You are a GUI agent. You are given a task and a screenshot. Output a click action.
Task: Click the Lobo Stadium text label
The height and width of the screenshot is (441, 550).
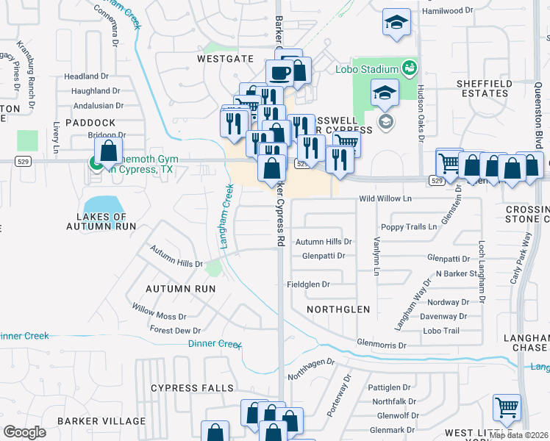368,69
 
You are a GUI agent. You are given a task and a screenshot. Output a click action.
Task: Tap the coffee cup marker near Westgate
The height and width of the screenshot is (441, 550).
279,73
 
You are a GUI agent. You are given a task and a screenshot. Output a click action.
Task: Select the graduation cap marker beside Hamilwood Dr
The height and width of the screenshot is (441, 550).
396,23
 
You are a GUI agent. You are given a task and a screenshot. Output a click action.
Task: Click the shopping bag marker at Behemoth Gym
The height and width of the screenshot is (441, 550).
108,152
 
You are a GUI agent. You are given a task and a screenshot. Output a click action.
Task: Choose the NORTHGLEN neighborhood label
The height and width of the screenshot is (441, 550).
338,309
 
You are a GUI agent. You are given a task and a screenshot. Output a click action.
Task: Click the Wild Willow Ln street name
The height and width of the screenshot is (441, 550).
385,199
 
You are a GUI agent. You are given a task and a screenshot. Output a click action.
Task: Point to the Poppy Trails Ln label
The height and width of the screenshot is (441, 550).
408,227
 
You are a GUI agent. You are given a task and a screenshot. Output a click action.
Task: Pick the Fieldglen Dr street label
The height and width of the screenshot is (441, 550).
308,284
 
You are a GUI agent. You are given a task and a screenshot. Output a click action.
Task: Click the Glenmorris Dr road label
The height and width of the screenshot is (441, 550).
381,345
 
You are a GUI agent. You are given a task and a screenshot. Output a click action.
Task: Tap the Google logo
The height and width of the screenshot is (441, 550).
24,432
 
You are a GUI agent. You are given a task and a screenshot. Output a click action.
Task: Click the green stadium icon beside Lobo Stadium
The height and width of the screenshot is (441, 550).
410,68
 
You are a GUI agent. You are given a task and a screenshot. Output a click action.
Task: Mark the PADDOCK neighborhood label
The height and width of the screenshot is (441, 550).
90,122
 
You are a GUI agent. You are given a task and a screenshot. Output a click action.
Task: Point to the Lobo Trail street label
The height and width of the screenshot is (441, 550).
441,331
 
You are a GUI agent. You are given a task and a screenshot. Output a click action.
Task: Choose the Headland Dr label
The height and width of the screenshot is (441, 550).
86,76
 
